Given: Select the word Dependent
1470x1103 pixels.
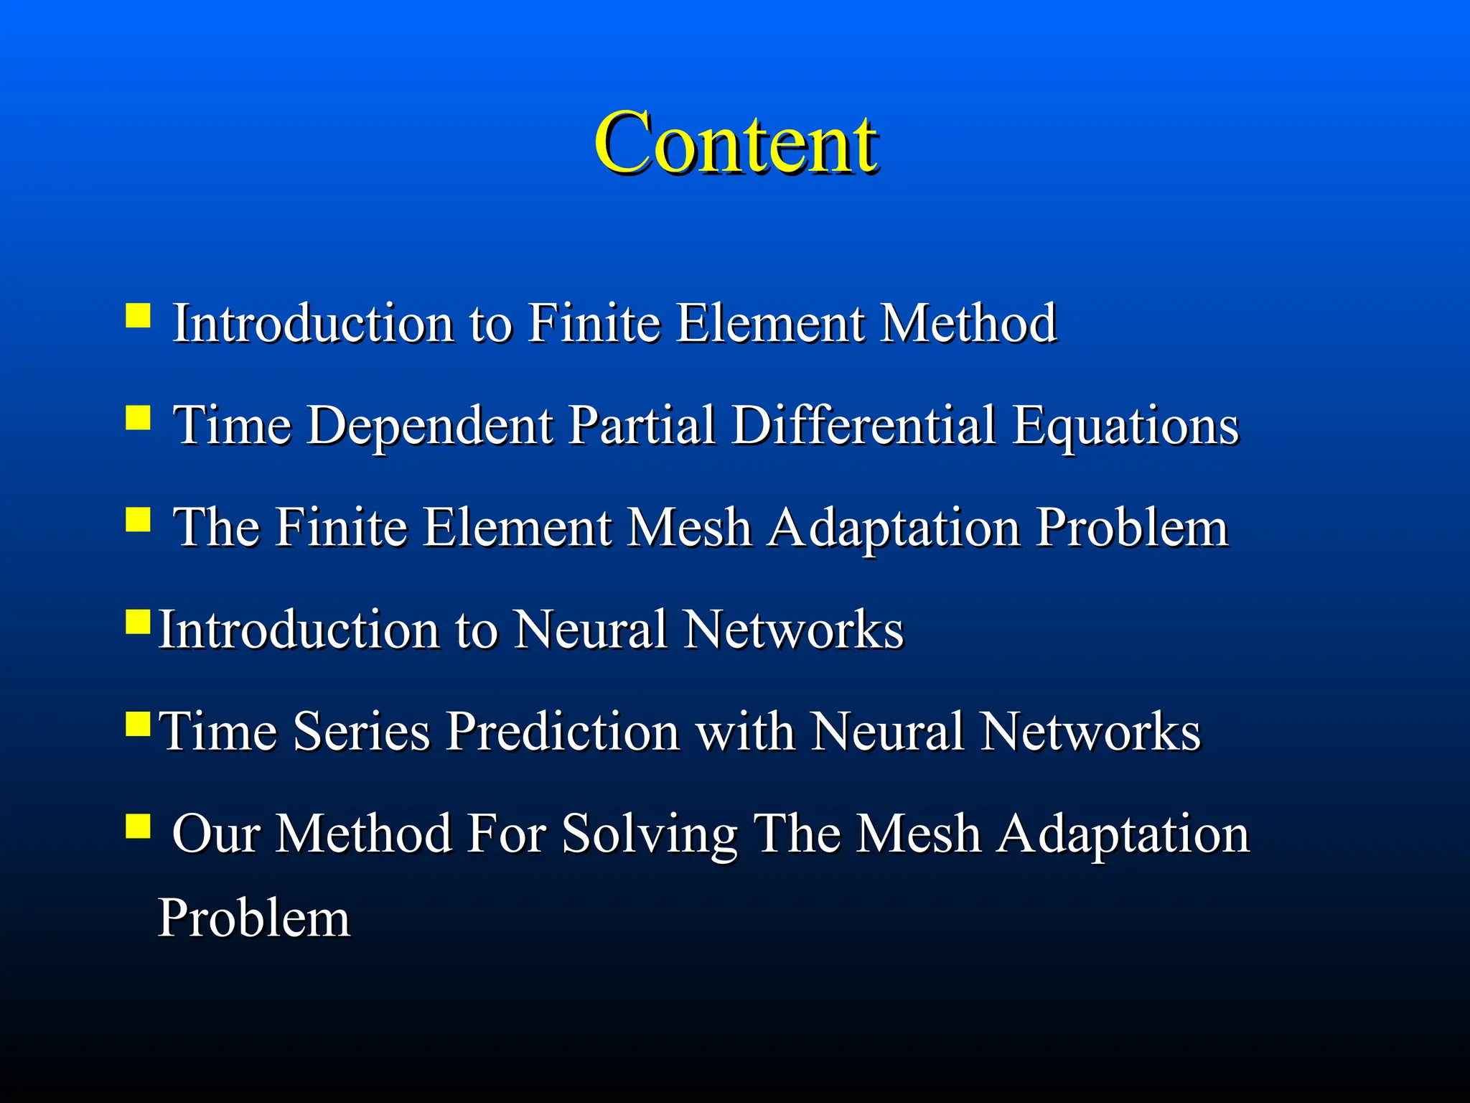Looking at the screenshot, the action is pos(431,425).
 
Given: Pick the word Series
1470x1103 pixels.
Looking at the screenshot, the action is pos(361,731).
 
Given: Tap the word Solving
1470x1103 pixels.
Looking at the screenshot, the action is pos(650,834).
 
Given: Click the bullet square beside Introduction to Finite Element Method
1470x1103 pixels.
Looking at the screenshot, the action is pos(138,315).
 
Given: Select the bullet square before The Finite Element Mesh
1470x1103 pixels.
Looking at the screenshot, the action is pos(138,519).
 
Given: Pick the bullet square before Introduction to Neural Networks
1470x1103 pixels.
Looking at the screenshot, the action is pos(138,622).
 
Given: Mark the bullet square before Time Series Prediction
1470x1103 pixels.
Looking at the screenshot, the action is pos(138,725).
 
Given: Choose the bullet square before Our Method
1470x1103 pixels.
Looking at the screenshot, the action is pos(138,826).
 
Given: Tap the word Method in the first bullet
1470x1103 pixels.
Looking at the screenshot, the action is pos(968,323).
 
